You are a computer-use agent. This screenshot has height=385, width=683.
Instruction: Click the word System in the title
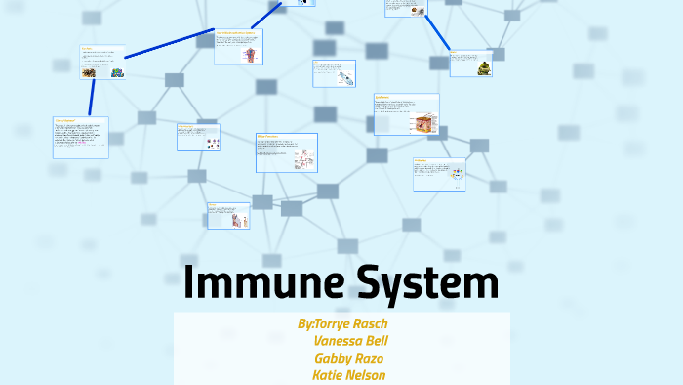point(422,282)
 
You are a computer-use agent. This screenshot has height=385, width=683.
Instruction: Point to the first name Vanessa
point(338,341)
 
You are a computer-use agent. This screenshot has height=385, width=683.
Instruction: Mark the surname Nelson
point(367,374)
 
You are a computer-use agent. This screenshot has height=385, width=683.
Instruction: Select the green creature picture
point(484,66)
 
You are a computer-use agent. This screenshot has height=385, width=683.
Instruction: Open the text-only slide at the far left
point(80,138)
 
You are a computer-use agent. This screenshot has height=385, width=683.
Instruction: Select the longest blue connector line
point(170,46)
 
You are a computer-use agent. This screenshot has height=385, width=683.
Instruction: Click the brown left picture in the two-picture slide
point(89,72)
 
